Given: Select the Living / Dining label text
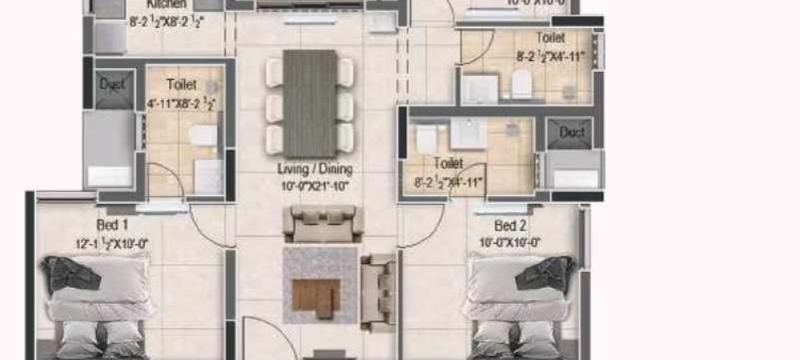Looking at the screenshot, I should point(314,170).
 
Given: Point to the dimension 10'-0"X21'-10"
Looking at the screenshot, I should point(314,186).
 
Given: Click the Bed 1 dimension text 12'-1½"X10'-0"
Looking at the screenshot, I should point(111,243).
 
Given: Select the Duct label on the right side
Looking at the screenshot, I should point(571,132).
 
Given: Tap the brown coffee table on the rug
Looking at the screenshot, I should point(316,298).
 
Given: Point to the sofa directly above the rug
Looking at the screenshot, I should point(322,222).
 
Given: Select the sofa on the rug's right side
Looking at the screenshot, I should point(378,292).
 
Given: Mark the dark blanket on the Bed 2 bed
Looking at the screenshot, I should point(546,274).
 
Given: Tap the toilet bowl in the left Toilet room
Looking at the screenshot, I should point(204,136).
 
